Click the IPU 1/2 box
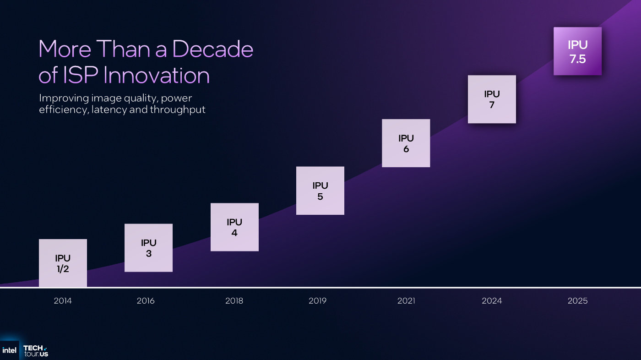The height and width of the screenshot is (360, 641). click(63, 263)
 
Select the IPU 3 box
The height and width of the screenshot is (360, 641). click(148, 248)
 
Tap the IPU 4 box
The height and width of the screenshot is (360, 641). click(234, 227)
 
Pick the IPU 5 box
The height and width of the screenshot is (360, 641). click(320, 191)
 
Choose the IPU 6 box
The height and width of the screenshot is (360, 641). click(406, 143)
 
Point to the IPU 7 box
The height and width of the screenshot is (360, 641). click(492, 99)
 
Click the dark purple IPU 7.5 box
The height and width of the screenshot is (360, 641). click(577, 51)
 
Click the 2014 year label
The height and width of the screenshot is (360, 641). click(63, 301)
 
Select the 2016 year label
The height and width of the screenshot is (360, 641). click(146, 301)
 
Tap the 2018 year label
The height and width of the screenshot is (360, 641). click(234, 301)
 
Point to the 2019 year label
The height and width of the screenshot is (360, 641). click(317, 301)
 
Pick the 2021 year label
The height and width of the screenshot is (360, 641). click(406, 301)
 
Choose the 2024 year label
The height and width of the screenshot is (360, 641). click(492, 301)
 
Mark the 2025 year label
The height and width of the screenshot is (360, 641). click(577, 301)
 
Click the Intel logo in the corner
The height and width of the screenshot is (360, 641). click(9, 350)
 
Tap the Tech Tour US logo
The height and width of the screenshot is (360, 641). click(36, 351)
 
